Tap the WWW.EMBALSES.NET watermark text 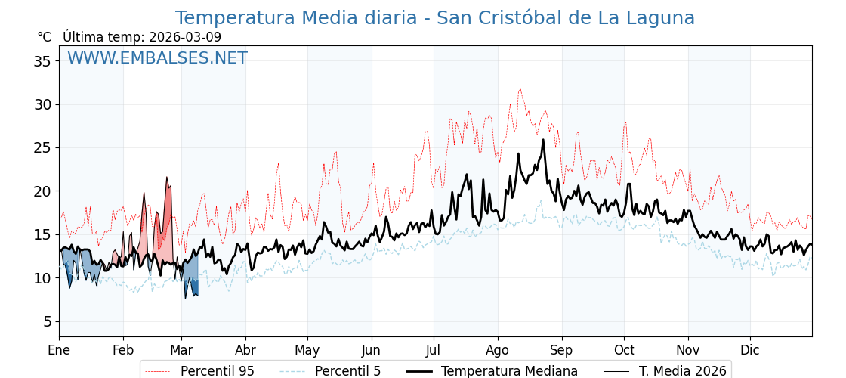(x=157, y=58)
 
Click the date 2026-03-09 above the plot (x=185, y=37)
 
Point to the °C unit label (x=44, y=37)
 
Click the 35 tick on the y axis (x=42, y=61)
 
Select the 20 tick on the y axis (x=42, y=191)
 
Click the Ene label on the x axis (x=59, y=350)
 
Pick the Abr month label (x=245, y=350)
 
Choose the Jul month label (x=434, y=350)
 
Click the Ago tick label (x=497, y=350)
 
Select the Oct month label (x=624, y=350)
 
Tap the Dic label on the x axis (x=750, y=350)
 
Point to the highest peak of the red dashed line (x=520, y=90)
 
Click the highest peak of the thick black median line (x=543, y=140)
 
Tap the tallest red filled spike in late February (x=168, y=178)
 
